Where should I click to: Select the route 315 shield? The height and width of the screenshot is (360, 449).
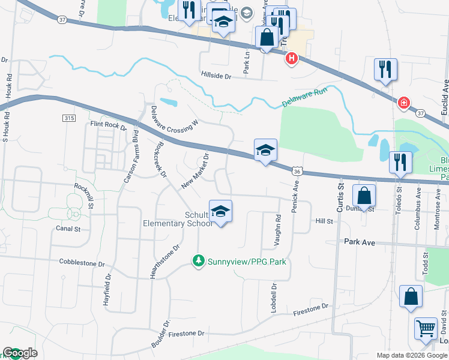(68, 119)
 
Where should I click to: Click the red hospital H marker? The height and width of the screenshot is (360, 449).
(291, 59)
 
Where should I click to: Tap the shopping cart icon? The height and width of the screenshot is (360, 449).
(426, 328)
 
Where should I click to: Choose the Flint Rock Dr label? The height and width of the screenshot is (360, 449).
(108, 126)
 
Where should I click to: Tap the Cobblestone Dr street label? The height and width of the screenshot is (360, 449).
(82, 263)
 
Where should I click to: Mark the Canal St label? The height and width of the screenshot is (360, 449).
(68, 229)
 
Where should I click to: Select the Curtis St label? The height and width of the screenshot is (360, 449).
(340, 198)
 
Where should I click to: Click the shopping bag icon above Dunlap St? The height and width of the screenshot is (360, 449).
(364, 196)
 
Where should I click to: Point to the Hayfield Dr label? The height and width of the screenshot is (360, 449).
(109, 290)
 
